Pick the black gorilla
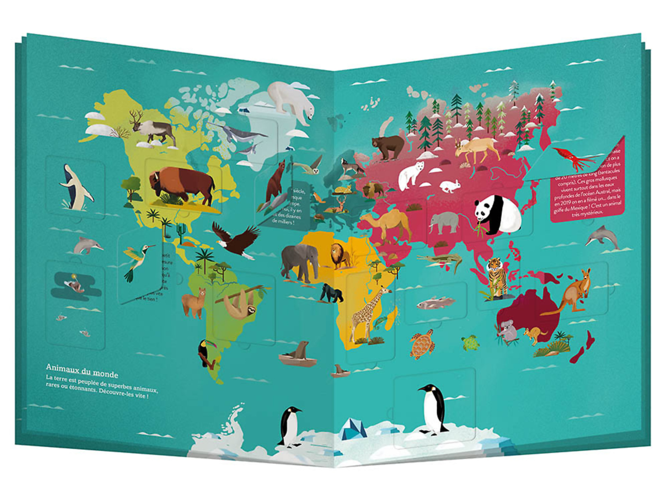(331, 293)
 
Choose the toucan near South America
(206, 352)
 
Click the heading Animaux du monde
(82, 371)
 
